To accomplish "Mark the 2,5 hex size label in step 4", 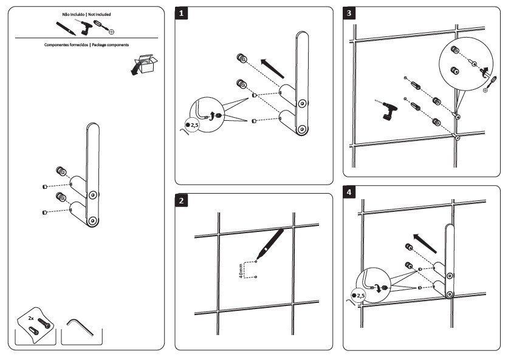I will pyautogui.click(x=360, y=296).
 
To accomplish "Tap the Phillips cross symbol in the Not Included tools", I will pyautogui.click(x=112, y=30).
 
